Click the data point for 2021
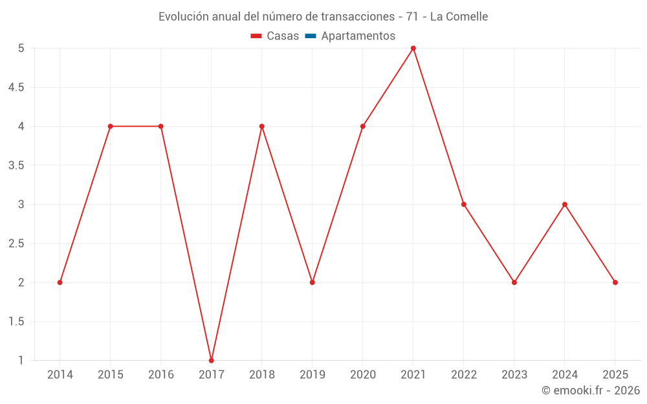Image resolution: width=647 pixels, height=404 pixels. [x=413, y=48]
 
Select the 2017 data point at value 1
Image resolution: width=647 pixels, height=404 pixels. [x=212, y=360]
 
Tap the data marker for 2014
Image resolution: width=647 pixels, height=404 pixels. [x=60, y=282]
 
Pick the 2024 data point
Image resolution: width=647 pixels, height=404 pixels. [x=565, y=204]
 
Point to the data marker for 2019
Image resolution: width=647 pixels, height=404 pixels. [x=313, y=282]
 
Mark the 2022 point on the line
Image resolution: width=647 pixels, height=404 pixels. [x=464, y=204]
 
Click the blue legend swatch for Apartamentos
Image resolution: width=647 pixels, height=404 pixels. [x=311, y=36]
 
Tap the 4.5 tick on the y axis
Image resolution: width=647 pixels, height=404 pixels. [x=16, y=87]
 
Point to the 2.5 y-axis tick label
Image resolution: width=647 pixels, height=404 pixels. [x=16, y=244]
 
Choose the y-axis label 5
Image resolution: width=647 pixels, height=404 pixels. [x=21, y=48]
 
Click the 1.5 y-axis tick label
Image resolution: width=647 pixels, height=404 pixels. [x=16, y=321]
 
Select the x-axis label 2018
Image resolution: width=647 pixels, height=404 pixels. [x=262, y=375]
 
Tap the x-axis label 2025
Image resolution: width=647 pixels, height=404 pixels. [x=615, y=375]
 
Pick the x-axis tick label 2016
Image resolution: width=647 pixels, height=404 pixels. [x=161, y=375]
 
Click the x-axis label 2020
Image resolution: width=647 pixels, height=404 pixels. [x=363, y=375]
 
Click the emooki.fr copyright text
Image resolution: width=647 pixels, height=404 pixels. [x=591, y=390]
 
